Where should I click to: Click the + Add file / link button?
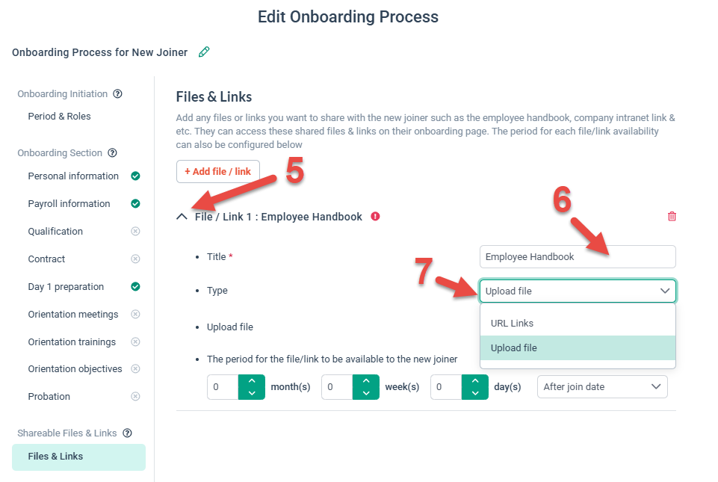pos(217,171)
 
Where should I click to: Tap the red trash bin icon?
pos(672,217)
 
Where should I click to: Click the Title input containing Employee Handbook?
pos(577,257)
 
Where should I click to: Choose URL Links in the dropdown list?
pos(512,324)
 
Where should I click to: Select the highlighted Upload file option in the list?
pos(513,348)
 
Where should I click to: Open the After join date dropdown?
pos(601,387)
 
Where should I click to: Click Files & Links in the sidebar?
pos(55,457)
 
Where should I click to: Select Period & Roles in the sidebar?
pos(59,117)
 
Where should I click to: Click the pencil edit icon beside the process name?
pos(204,52)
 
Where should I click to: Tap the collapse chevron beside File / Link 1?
pos(182,217)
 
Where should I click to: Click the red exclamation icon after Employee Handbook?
pos(375,217)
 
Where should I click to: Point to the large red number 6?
pos(562,200)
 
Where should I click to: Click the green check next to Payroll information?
pos(135,204)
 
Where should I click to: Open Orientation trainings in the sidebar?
pos(72,342)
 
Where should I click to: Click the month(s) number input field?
pos(223,387)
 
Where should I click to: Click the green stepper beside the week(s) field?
pos(365,387)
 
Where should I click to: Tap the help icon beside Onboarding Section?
pos(112,153)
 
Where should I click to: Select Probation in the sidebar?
pos(49,397)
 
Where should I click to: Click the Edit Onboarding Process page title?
pos(348,16)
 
